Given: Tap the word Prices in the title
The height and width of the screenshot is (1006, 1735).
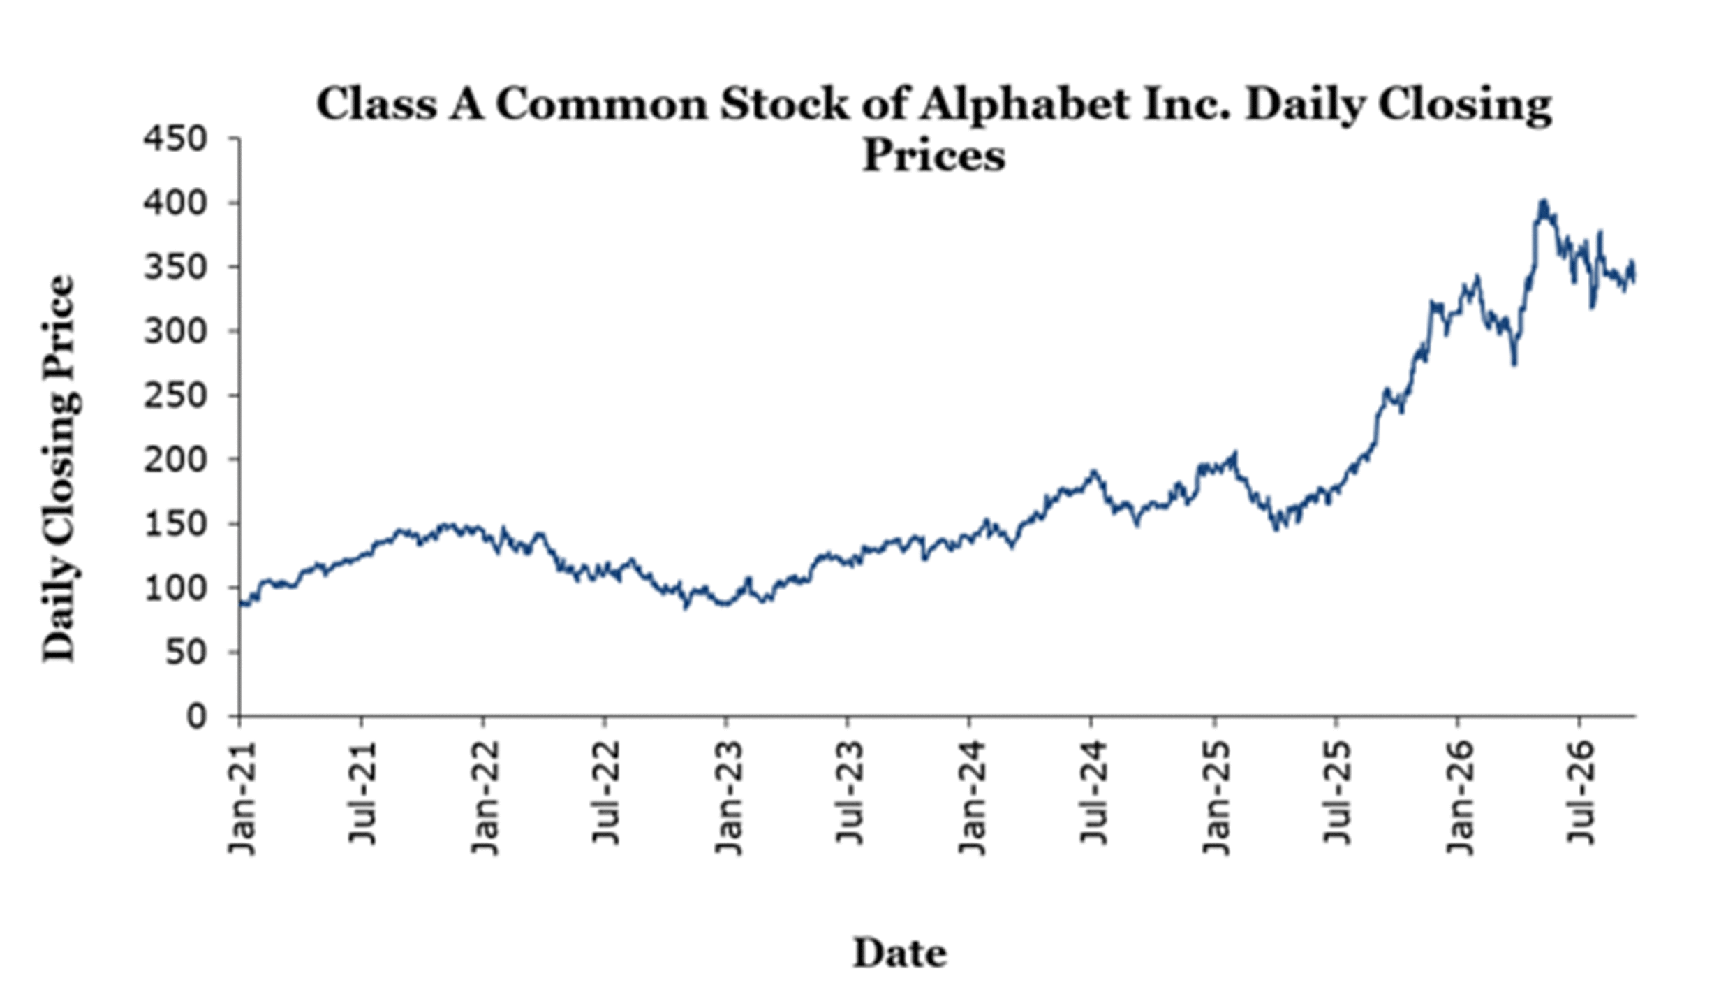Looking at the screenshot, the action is pyautogui.click(x=934, y=155).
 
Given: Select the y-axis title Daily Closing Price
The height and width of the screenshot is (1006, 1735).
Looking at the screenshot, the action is pyautogui.click(x=59, y=468).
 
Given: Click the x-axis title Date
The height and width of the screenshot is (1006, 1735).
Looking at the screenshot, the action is pyautogui.click(x=900, y=953).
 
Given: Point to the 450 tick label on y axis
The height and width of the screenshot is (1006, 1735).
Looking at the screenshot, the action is pyautogui.click(x=175, y=139).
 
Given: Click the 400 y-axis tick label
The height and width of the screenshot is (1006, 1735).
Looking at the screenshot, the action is pyautogui.click(x=175, y=203).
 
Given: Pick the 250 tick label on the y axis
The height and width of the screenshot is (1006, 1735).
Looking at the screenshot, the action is pyautogui.click(x=175, y=396).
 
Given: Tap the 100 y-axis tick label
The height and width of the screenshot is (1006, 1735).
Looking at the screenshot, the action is pyautogui.click(x=175, y=588).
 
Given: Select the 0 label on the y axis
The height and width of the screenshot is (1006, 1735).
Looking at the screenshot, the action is pyautogui.click(x=197, y=717).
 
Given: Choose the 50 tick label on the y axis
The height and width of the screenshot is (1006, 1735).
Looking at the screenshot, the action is pyautogui.click(x=186, y=653).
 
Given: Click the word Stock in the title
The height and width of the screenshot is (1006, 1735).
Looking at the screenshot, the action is pyautogui.click(x=785, y=105).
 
